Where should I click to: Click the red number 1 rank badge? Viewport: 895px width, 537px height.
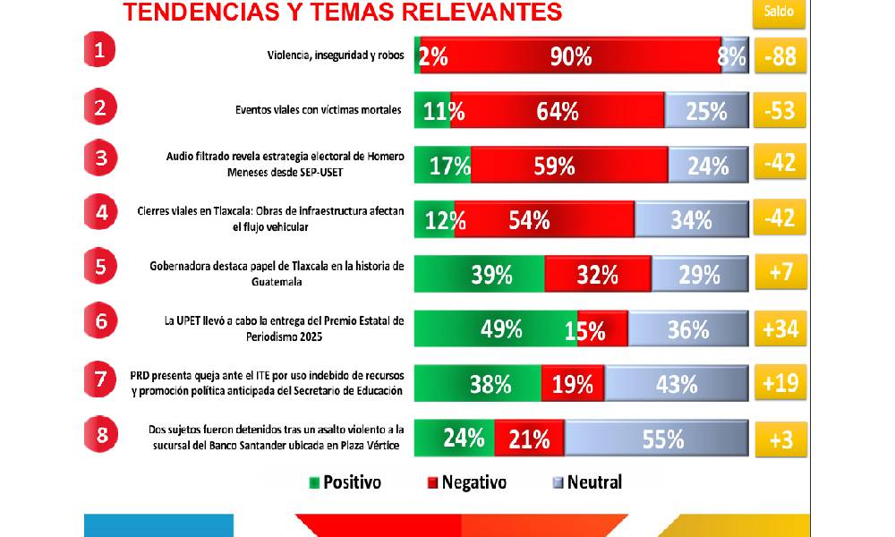(100, 50)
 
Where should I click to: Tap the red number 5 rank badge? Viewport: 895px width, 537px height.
(100, 268)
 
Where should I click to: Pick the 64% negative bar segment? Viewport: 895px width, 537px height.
(557, 111)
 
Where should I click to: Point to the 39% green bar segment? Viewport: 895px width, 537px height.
(480, 274)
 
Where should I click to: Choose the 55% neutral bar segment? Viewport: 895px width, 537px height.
(656, 439)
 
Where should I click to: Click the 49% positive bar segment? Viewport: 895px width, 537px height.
(496, 329)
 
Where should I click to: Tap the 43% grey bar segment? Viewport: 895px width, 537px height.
(676, 384)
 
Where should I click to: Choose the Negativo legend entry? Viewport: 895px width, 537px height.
(467, 482)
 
